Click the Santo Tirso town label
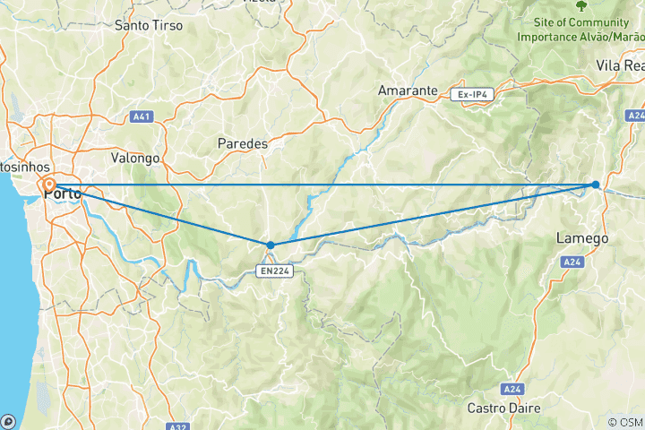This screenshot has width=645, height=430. pos(149,25)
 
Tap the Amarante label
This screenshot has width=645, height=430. pos(408,90)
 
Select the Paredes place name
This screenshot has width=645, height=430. pos(243,142)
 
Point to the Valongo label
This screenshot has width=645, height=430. pos(134,158)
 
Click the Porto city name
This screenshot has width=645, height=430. pos(63,193)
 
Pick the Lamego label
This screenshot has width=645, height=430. pos(582,238)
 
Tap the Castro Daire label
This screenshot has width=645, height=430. pos(504,408)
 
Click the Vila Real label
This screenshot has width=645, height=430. pos(621,65)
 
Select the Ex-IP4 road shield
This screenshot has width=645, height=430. pos(472,93)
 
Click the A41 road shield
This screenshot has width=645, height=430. pos(141,116)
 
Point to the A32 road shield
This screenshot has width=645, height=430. pos(178,426)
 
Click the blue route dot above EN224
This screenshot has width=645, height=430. pos(271,245)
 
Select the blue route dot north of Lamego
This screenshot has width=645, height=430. pos(596,185)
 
